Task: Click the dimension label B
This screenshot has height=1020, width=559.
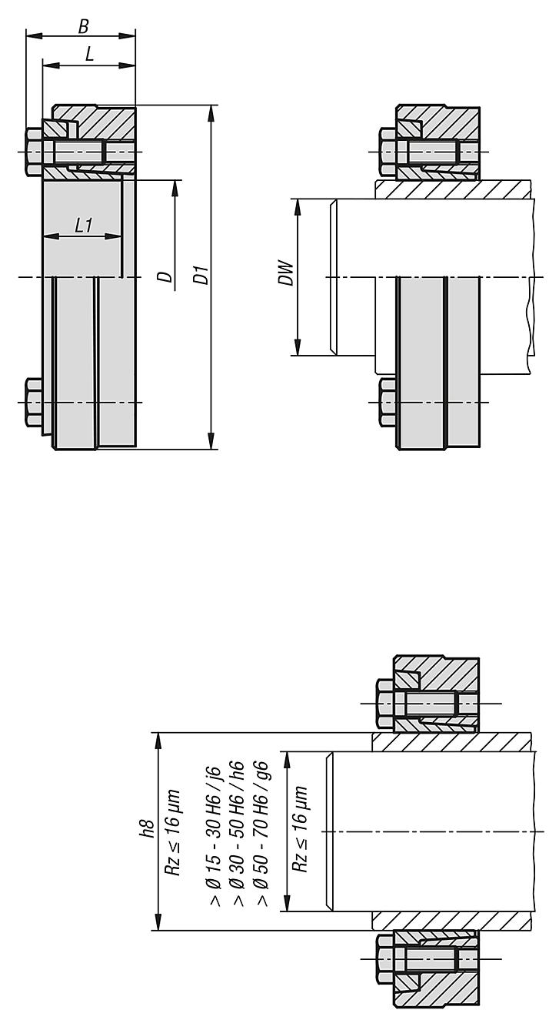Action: pos(83,27)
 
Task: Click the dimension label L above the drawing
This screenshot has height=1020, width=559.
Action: pos(90,55)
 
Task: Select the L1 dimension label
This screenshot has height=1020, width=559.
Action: pos(84,226)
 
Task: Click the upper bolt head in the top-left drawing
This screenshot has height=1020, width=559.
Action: pos(35,152)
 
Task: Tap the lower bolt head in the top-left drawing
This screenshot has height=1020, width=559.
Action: pos(35,403)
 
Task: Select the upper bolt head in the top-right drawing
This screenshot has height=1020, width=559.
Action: pos(388,151)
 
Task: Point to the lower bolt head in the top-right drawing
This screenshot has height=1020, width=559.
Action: pos(388,403)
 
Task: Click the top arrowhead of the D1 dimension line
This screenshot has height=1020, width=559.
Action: pos(211,114)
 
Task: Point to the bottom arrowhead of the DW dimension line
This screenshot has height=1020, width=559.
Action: pos(297,347)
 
